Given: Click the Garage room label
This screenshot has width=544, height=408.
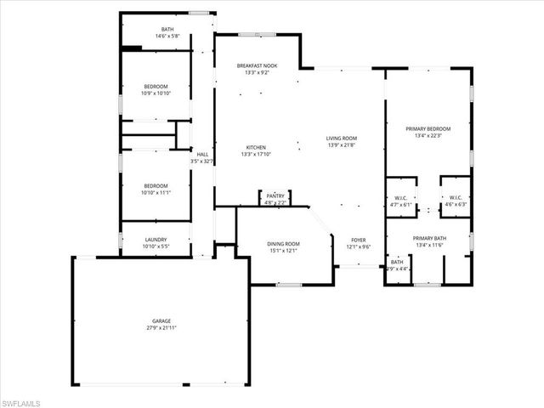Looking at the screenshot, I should tap(161, 320).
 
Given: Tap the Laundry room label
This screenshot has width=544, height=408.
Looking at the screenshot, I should tap(156, 240).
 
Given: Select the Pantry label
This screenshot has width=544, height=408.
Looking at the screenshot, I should tap(275, 195).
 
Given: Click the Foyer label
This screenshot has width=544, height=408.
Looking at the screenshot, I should tap(359, 241).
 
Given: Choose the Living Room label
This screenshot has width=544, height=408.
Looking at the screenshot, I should tap(342, 139).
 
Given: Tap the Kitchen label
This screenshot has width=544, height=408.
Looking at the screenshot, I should tap(256, 147).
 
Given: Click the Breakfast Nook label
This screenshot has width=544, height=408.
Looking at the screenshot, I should tap(257, 65).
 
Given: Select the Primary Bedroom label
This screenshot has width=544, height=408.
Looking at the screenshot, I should tap(433, 129).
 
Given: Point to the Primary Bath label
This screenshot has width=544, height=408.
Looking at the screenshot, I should tap(429, 238).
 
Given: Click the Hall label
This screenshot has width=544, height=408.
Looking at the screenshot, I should tap(202, 154).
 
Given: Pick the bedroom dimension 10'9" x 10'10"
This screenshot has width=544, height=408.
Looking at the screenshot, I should tap(156, 93).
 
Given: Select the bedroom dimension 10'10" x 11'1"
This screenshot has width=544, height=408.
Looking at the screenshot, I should tap(156, 193).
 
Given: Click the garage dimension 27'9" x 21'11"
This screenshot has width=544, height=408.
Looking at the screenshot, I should tap(161, 327).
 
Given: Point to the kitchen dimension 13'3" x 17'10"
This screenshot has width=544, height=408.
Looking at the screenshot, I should tap(256, 154).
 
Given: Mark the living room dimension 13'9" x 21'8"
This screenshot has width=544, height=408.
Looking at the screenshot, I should tap(342, 145).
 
